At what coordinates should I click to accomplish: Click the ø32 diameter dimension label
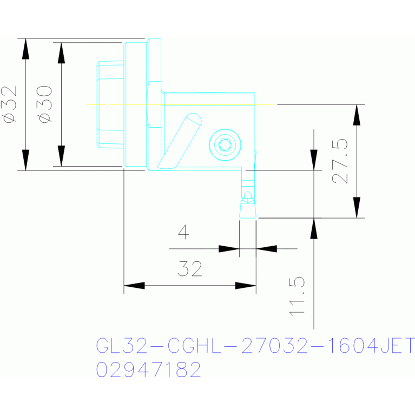[9, 104]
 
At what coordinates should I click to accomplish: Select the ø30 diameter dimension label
[44, 104]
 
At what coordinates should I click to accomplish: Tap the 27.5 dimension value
[340, 161]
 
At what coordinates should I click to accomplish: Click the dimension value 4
[183, 232]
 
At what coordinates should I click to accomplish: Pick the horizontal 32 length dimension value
[190, 269]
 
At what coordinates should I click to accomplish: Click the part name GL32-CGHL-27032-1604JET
[255, 345]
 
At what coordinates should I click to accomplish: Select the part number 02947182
[148, 370]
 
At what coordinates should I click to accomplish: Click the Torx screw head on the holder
[225, 145]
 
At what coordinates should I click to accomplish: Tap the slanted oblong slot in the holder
[180, 141]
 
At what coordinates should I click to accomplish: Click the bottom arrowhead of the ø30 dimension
[61, 156]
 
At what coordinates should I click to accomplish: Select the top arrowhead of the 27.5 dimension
[357, 115]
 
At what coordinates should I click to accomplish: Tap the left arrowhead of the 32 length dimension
[134, 286]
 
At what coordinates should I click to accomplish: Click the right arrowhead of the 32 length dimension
[246, 286]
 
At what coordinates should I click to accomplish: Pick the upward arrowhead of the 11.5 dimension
[314, 228]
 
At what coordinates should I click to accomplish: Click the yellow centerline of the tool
[180, 104]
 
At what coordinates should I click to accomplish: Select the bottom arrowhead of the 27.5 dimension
[357, 208]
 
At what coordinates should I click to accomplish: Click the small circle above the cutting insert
[247, 195]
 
